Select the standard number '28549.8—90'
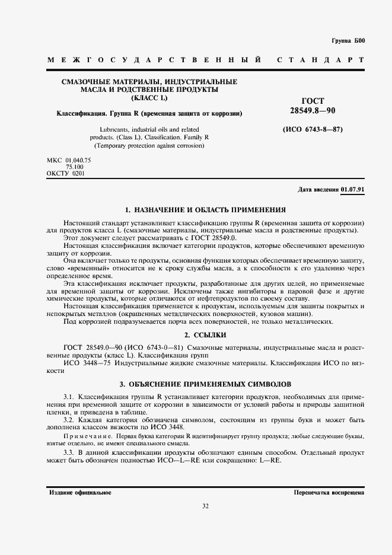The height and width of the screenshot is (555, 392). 313,110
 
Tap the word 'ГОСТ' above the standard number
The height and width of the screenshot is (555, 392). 313,101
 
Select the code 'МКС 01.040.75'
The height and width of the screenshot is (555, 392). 69,160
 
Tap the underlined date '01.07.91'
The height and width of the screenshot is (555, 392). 353,190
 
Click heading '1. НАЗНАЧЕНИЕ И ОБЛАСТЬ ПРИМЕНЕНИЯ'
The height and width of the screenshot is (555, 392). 205,210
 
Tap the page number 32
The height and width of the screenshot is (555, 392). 205,506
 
